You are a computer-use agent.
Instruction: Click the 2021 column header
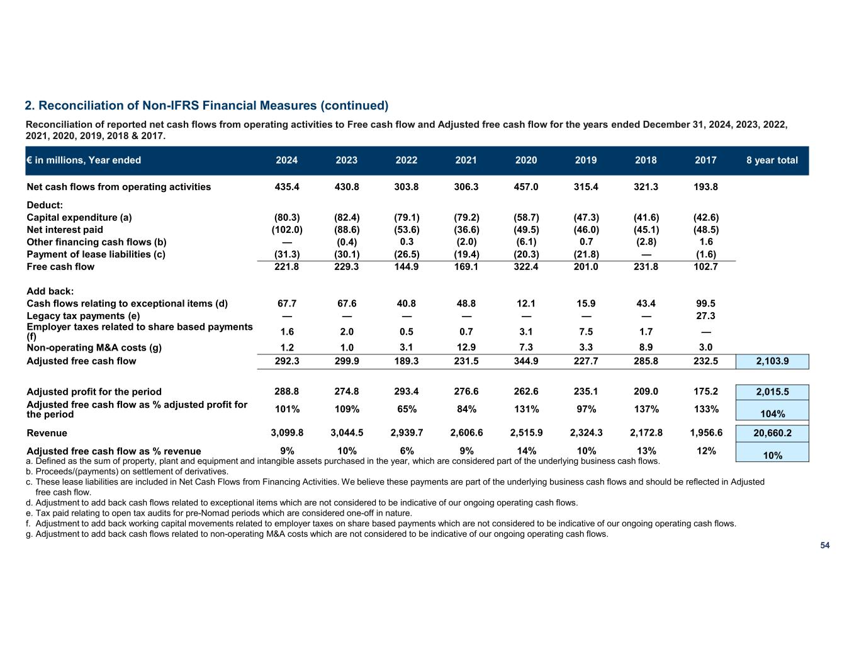coord(466,160)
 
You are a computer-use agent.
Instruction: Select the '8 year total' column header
coord(772,160)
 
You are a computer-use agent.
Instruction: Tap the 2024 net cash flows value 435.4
coord(287,187)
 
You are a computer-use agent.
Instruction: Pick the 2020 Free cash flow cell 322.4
coord(526,267)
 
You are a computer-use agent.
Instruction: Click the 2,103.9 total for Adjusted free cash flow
coord(772,361)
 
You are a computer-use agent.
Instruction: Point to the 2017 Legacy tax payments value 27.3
coord(705,316)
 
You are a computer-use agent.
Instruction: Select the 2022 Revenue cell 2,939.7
coord(407,433)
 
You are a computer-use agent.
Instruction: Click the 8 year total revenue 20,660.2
coord(772,434)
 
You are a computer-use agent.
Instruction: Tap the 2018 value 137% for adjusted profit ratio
coord(646,409)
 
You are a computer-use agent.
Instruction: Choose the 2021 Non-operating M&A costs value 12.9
coord(466,347)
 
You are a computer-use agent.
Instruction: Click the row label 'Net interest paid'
coord(65,230)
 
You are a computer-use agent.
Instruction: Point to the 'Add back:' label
coord(50,291)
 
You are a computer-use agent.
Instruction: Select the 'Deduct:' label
coord(45,205)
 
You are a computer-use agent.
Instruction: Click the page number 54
coord(824,546)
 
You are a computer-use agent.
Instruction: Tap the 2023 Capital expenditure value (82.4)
coord(347,218)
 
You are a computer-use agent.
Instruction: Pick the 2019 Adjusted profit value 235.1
coord(586,391)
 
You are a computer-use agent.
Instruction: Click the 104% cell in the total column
coord(772,414)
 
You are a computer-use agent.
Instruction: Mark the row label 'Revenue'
coord(47,433)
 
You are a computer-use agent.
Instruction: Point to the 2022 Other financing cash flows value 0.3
coord(407,242)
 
